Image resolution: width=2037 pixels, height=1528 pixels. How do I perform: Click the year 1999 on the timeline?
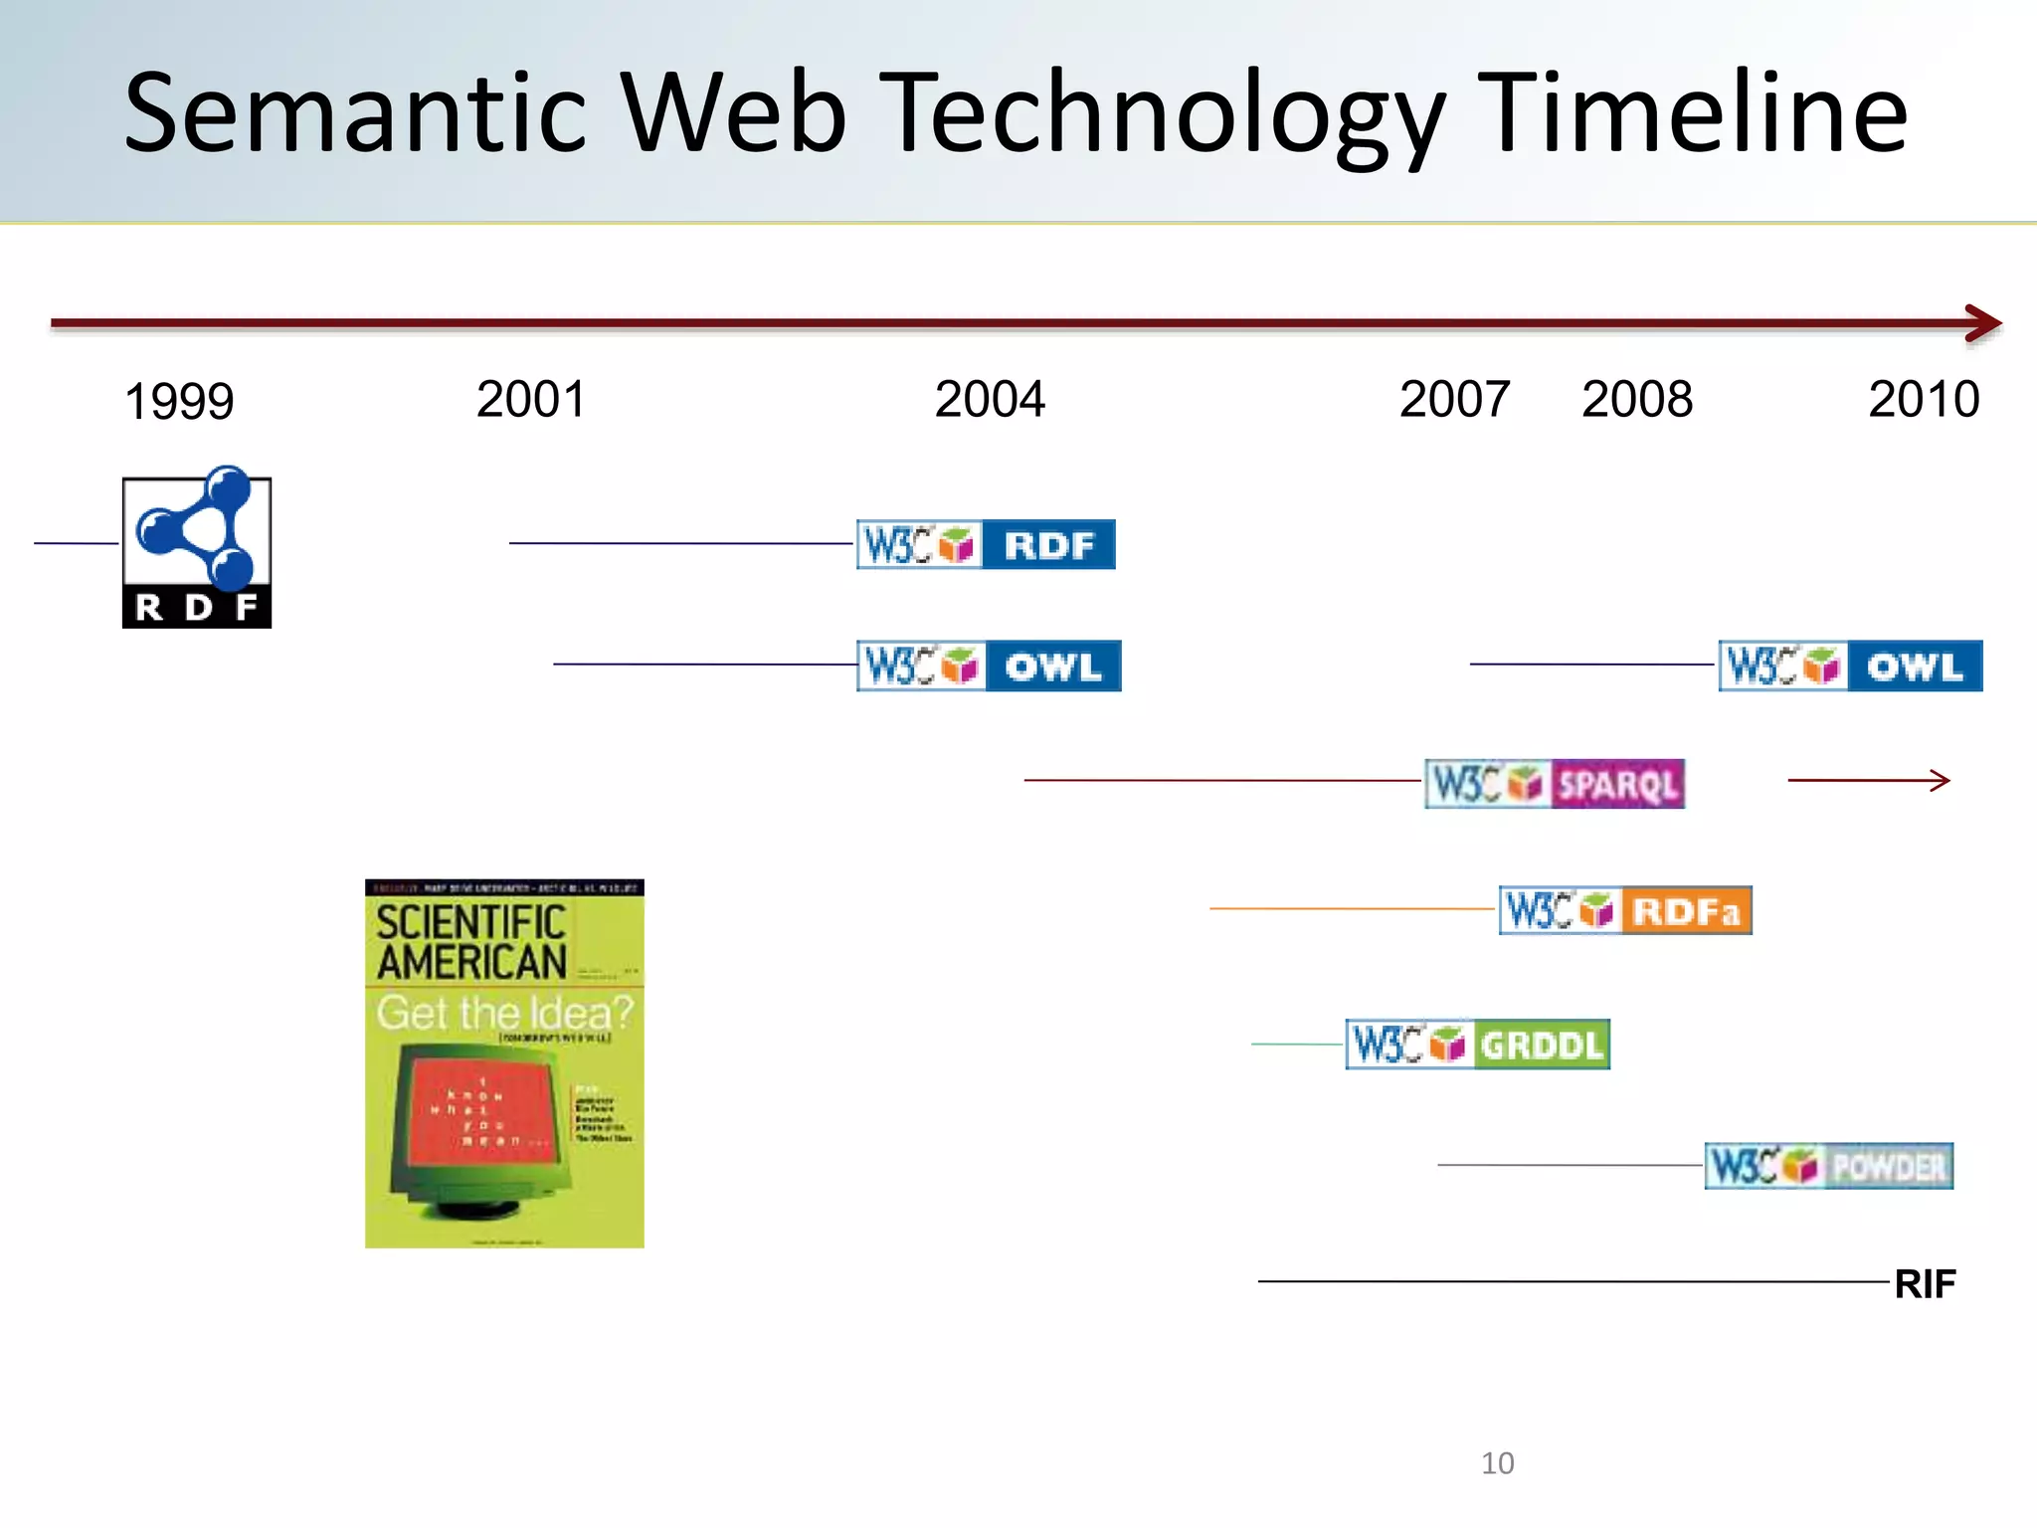tap(179, 402)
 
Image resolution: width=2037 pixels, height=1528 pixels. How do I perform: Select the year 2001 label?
tap(531, 400)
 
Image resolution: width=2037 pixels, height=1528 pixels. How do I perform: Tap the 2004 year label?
tap(990, 400)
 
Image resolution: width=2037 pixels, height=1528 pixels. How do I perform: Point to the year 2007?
tap(1454, 400)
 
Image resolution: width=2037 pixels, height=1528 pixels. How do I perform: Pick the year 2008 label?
tap(1637, 400)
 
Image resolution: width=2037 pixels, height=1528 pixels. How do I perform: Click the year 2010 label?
tap(1924, 400)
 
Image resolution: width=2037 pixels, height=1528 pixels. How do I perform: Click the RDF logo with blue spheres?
tap(197, 547)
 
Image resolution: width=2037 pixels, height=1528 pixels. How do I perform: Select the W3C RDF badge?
tap(986, 545)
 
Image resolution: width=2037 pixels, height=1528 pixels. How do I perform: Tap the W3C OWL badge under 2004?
tap(989, 666)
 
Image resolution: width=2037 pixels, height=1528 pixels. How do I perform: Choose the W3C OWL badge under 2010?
tap(1850, 666)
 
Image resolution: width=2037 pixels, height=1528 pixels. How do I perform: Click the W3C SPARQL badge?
tap(1555, 784)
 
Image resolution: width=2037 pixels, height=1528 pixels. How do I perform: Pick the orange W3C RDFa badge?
tap(1625, 910)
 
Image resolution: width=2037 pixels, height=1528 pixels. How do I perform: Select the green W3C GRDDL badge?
tap(1477, 1045)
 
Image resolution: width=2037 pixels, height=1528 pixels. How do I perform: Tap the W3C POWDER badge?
tap(1828, 1166)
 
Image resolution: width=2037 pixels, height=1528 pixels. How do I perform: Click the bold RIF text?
tap(1925, 1284)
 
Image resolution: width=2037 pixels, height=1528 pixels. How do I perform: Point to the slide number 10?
tap(1497, 1463)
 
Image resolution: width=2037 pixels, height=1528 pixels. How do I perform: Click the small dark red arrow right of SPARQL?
tap(1869, 781)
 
